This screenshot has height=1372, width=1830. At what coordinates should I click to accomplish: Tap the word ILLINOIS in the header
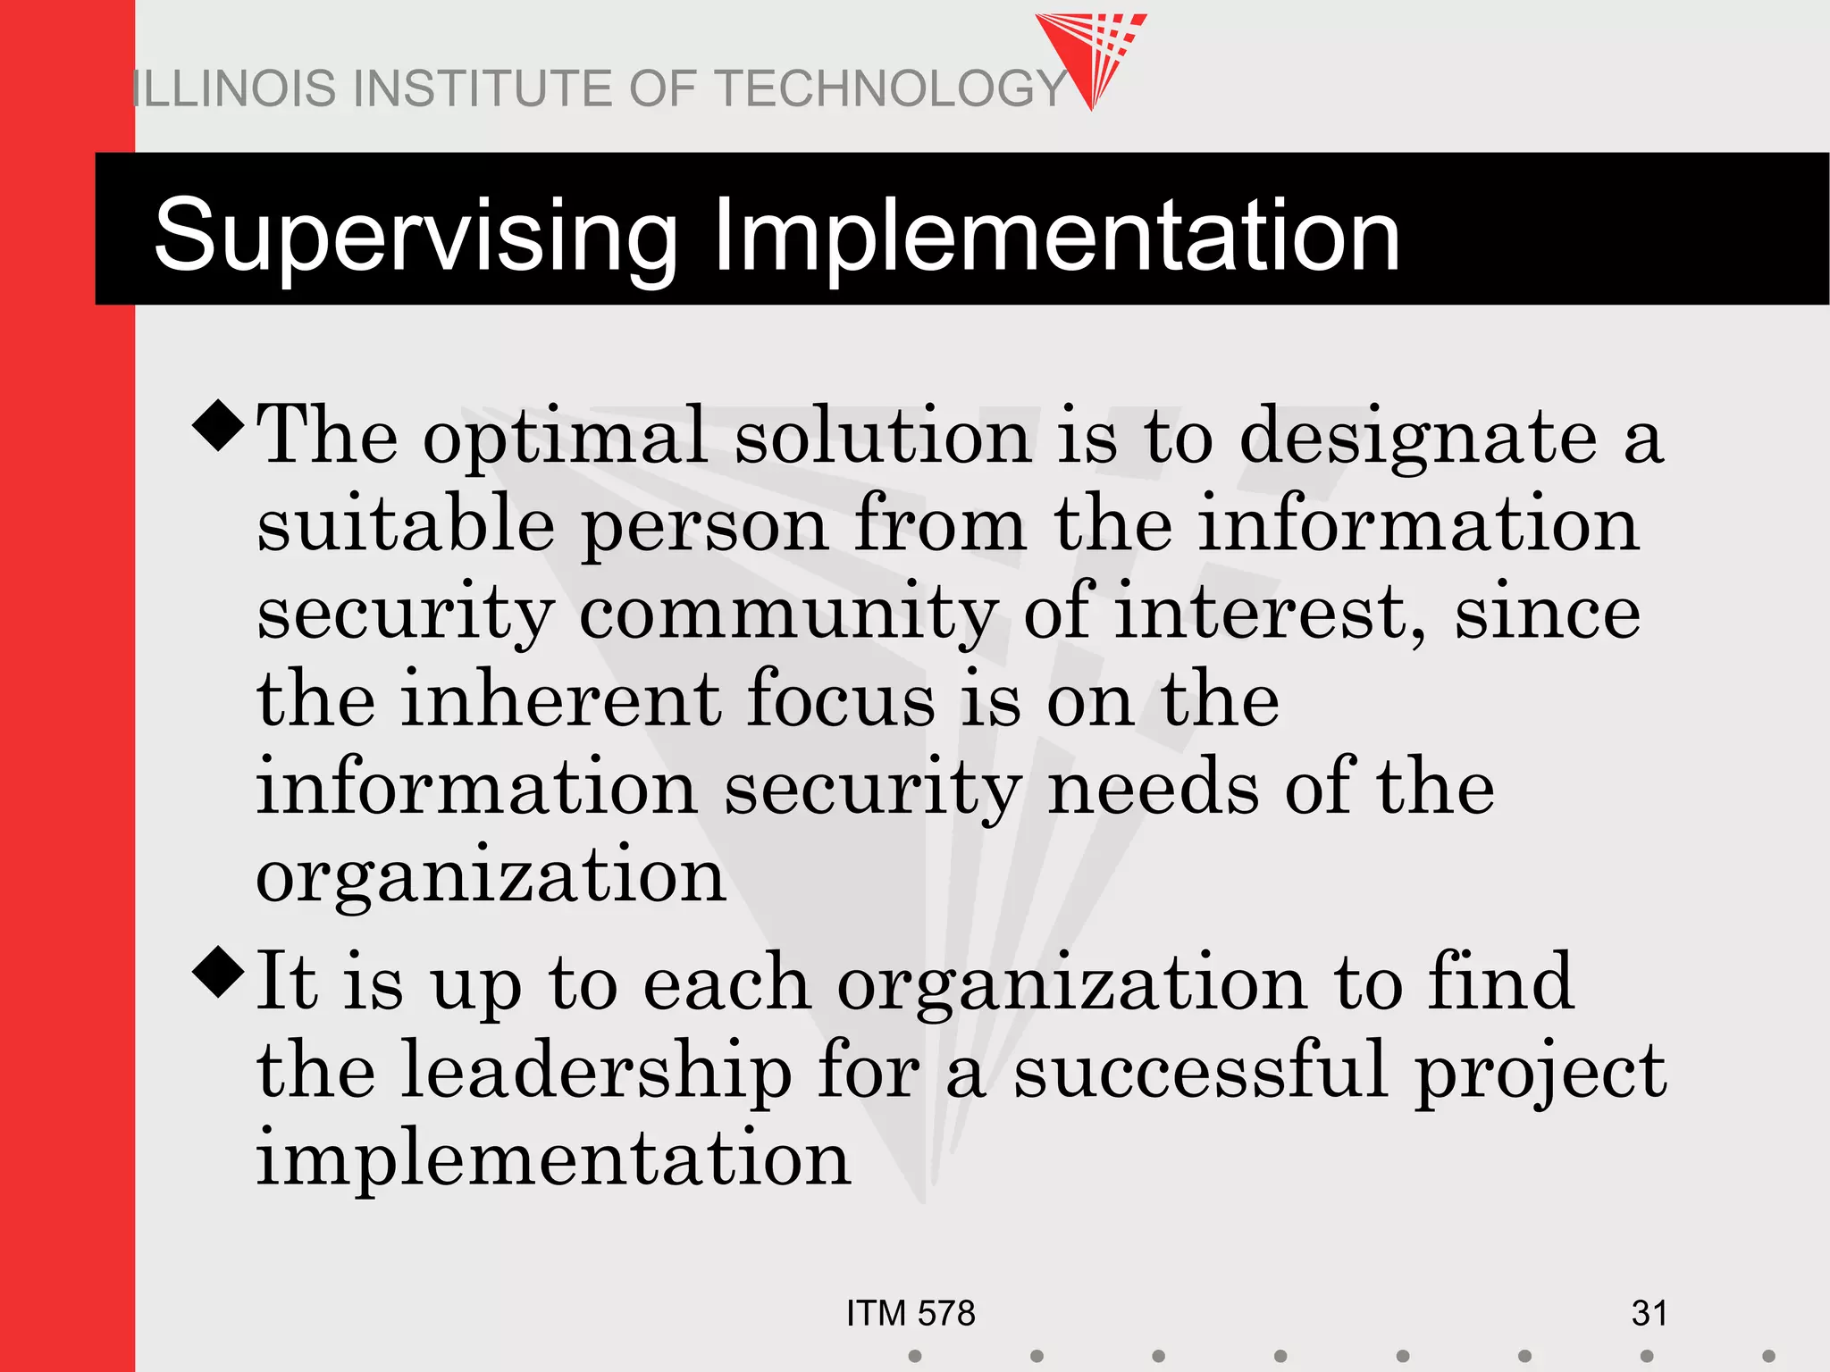coord(236,88)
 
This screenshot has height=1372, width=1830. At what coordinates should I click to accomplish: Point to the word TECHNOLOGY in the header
coord(893,88)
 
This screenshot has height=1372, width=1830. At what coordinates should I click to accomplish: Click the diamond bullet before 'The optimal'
coord(219,425)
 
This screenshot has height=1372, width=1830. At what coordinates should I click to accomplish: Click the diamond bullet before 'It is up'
coord(219,974)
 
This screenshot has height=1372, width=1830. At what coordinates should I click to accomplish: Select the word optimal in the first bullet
coord(566,438)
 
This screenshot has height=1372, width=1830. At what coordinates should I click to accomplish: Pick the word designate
coord(1418,438)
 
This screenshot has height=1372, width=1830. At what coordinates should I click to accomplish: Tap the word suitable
coord(406,525)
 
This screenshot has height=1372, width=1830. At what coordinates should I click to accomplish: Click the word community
coord(788,615)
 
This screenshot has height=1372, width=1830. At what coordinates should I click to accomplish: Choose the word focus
coord(841,700)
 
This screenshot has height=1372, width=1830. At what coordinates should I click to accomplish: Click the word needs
coord(1153,788)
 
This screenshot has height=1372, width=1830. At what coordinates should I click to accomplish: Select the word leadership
coord(596,1072)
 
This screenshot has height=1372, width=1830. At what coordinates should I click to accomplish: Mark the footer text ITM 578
coord(911,1314)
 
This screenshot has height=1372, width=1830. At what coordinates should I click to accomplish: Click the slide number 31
coord(1649,1314)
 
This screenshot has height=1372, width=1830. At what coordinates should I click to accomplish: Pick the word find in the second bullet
coord(1500,983)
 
